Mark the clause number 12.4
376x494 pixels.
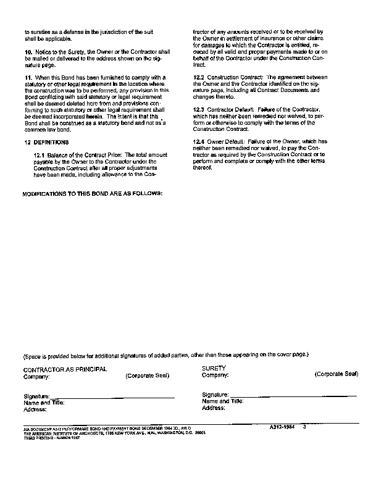(x=199, y=141)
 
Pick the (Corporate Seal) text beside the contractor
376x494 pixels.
(x=147, y=375)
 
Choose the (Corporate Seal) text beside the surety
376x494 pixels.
(x=336, y=374)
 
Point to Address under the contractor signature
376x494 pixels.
(x=35, y=409)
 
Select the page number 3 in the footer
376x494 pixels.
(x=304, y=426)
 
